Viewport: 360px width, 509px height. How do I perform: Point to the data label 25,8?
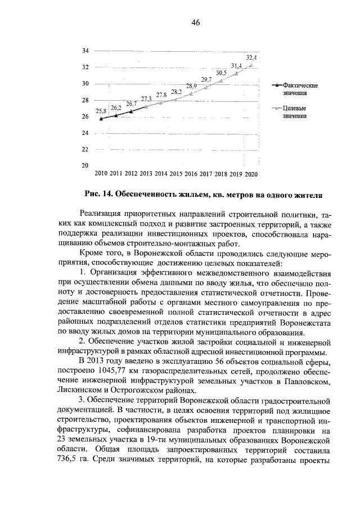click(x=101, y=111)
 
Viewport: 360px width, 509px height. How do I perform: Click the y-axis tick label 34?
click(x=86, y=51)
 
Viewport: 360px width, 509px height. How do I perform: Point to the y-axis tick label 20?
click(x=86, y=165)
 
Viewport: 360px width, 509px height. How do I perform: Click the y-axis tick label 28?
click(x=86, y=100)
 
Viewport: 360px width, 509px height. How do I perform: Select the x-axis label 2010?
click(x=102, y=174)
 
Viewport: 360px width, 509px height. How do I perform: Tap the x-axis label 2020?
click(x=251, y=174)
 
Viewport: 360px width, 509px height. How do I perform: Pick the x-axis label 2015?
click(x=176, y=174)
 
